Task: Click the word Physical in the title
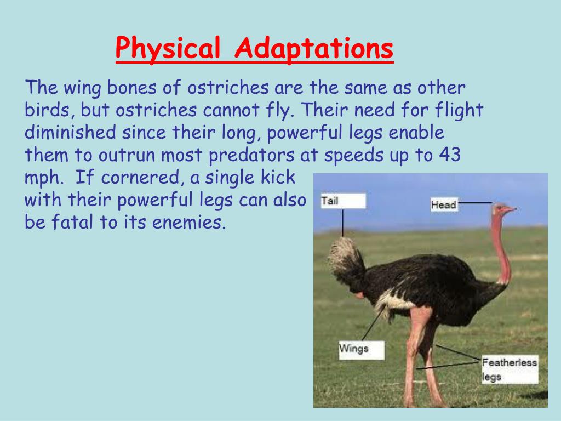coord(169,50)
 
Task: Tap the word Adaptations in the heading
coord(314,50)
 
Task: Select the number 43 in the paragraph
coord(450,155)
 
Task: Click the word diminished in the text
coord(70,133)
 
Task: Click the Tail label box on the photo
coord(342,201)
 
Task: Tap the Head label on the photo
coord(444,205)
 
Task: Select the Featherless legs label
coord(510,369)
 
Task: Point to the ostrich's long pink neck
coord(500,247)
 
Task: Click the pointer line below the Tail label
coord(343,223)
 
